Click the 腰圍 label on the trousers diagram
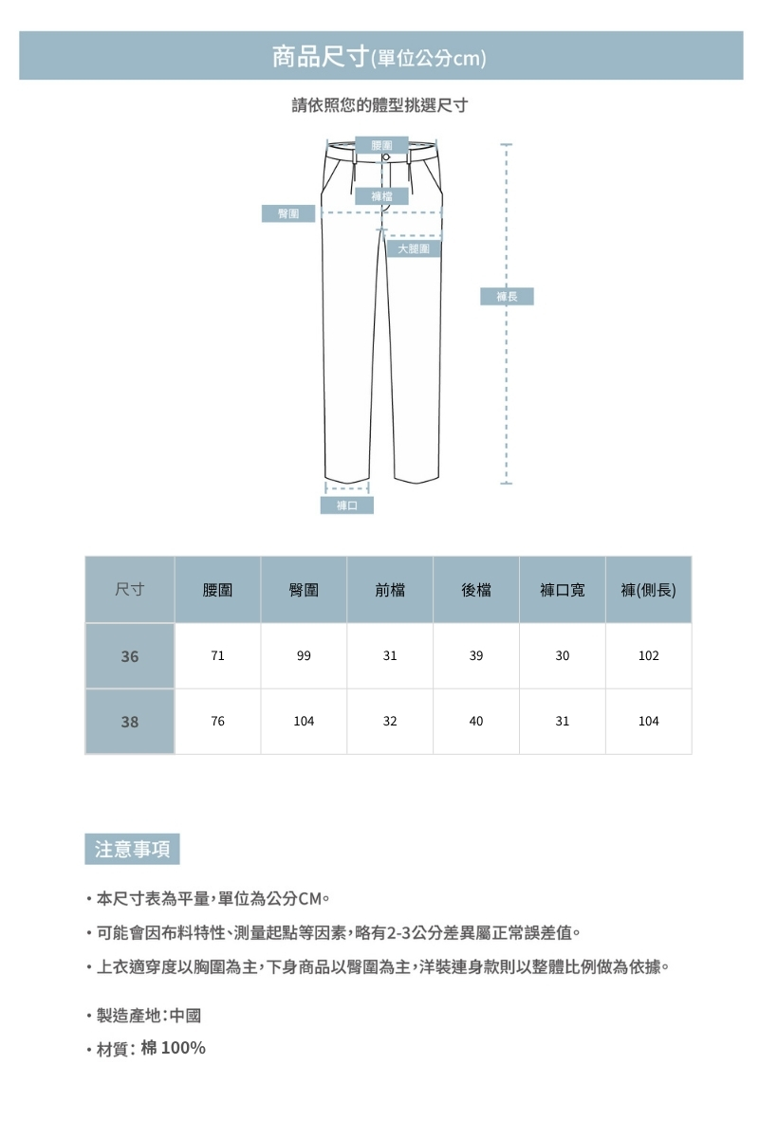point(382,144)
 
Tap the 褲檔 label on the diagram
point(382,196)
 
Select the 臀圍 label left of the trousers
point(288,213)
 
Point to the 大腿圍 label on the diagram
point(414,248)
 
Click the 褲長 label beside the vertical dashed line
point(508,297)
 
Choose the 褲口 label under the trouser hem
point(346,505)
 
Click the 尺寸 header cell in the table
point(130,590)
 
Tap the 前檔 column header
point(390,590)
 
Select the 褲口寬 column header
point(563,590)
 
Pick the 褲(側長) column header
point(649,590)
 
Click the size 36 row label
point(130,656)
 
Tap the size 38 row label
point(130,722)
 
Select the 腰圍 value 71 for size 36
point(218,656)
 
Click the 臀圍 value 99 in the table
point(304,656)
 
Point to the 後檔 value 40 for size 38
point(476,722)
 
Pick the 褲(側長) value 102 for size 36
point(649,656)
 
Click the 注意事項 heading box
point(132,849)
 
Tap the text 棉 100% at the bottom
point(173,1048)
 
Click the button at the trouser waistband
point(386,156)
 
